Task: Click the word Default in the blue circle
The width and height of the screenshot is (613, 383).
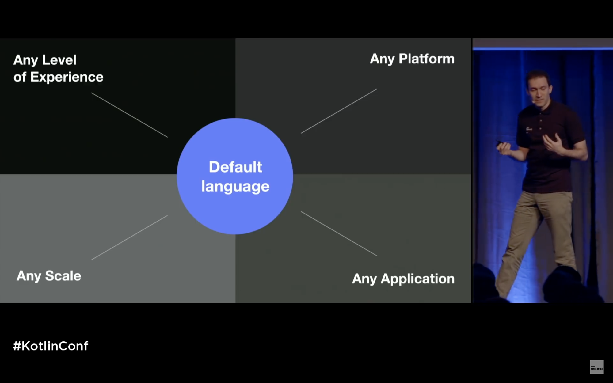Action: (x=235, y=167)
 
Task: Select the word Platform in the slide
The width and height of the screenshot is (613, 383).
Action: (x=426, y=59)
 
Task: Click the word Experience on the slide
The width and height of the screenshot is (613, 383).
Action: (x=67, y=77)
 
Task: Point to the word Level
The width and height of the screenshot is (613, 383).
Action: (x=59, y=60)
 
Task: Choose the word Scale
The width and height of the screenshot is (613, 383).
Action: (x=63, y=276)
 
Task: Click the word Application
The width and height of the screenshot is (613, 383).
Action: (x=417, y=279)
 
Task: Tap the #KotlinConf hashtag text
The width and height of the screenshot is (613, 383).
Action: (x=51, y=346)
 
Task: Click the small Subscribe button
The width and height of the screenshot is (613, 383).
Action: (x=597, y=367)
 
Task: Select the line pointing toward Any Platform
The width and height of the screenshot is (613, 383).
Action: (x=339, y=111)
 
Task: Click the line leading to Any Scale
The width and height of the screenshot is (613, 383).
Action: (x=129, y=237)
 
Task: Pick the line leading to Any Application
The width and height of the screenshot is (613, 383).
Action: (x=339, y=233)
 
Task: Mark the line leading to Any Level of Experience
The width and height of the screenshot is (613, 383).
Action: (x=129, y=115)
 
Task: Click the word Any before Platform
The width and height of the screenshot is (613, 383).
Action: (x=382, y=59)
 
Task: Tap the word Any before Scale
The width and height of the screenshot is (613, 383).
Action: (x=29, y=276)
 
